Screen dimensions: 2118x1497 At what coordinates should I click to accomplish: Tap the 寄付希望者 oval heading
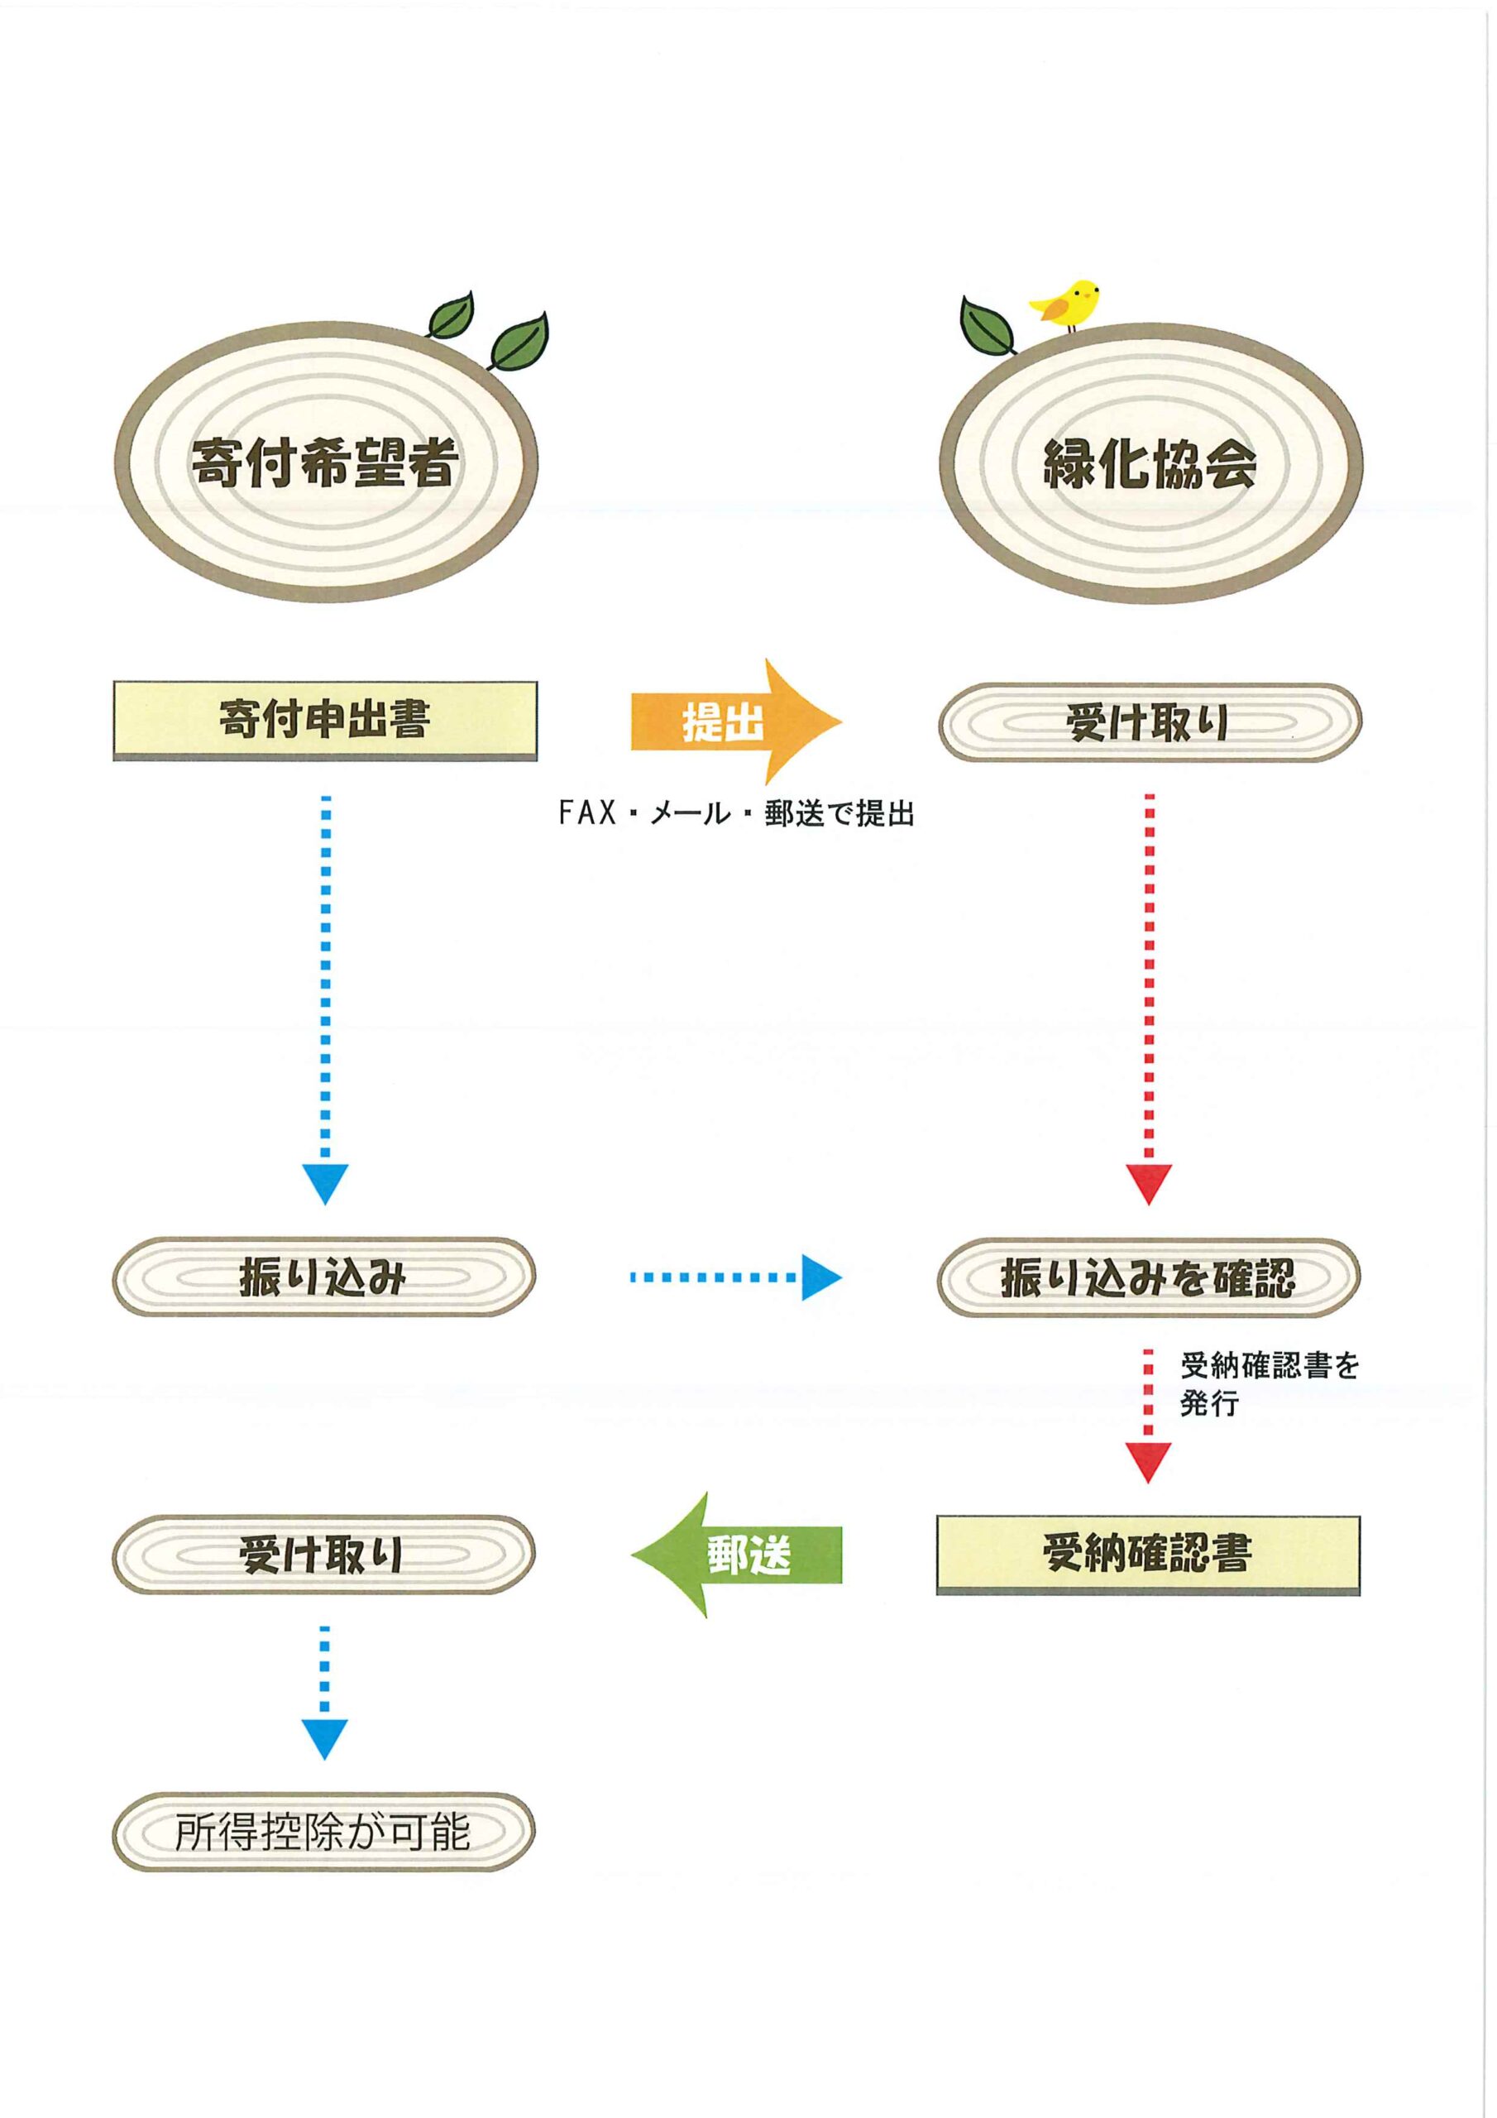[325, 462]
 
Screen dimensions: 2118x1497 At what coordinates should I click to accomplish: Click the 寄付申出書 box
[325, 720]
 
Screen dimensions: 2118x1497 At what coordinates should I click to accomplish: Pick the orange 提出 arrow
[734, 721]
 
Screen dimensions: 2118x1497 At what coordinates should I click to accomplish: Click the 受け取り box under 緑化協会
[1150, 722]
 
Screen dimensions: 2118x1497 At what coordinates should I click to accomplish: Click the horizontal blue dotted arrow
[736, 1277]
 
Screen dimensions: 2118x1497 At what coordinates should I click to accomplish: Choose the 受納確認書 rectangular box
[1148, 1554]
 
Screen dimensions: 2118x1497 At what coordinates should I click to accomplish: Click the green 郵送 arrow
[736, 1555]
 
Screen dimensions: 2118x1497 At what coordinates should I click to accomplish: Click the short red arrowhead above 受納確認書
[1148, 1461]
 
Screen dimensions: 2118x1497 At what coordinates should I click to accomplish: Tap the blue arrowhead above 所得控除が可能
[325, 1738]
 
